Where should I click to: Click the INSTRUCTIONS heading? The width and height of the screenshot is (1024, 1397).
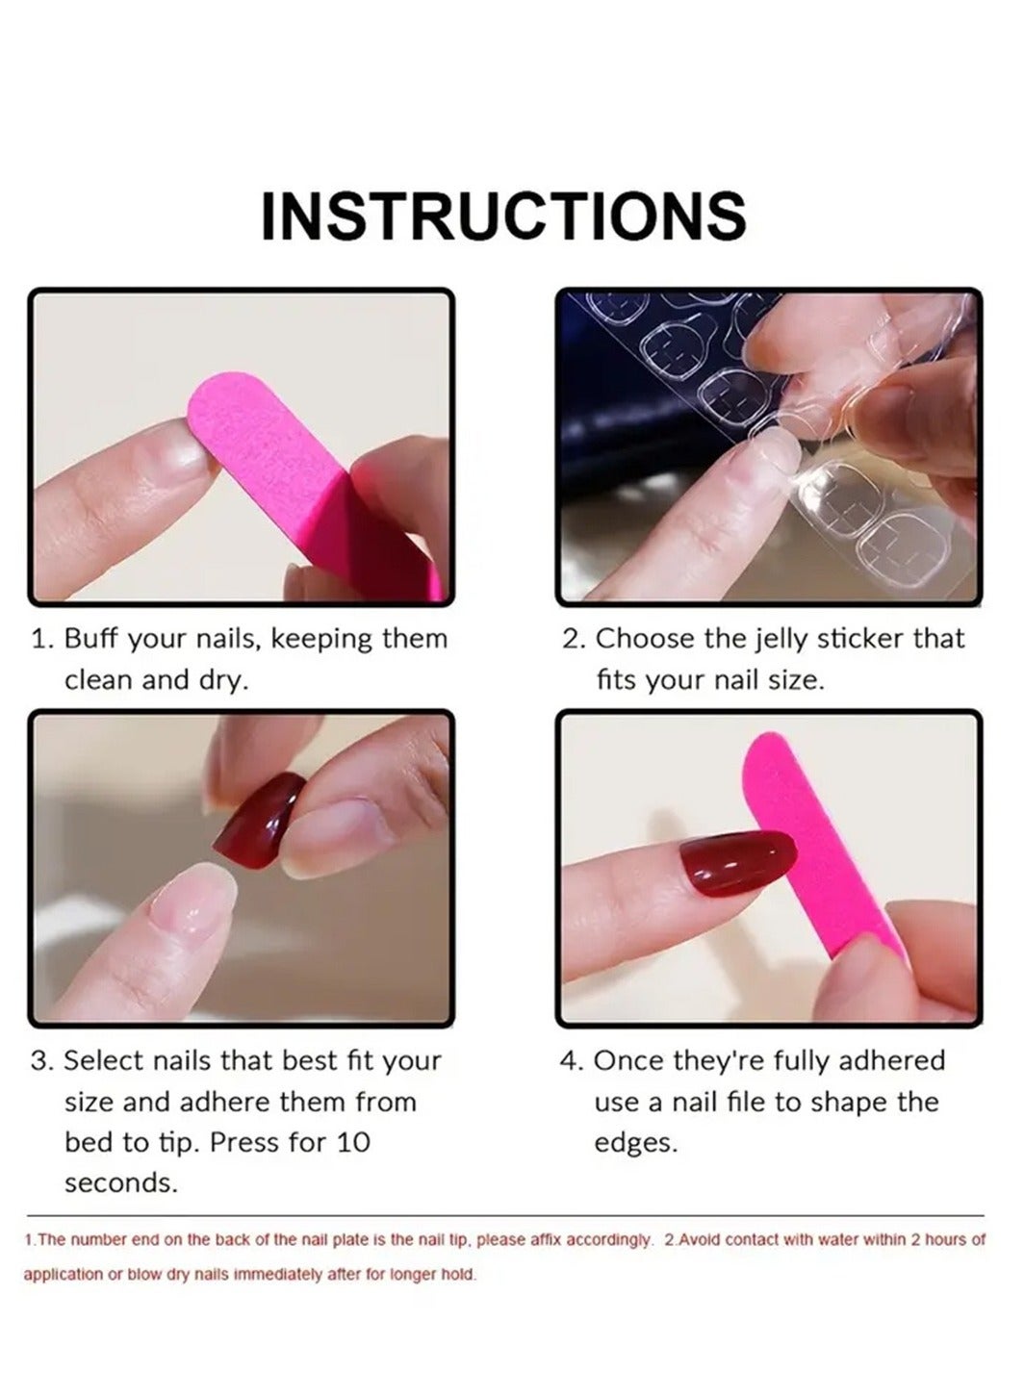click(503, 216)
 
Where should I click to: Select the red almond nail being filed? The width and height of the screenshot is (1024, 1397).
click(737, 862)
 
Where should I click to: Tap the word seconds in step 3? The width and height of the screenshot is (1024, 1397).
click(121, 1182)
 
